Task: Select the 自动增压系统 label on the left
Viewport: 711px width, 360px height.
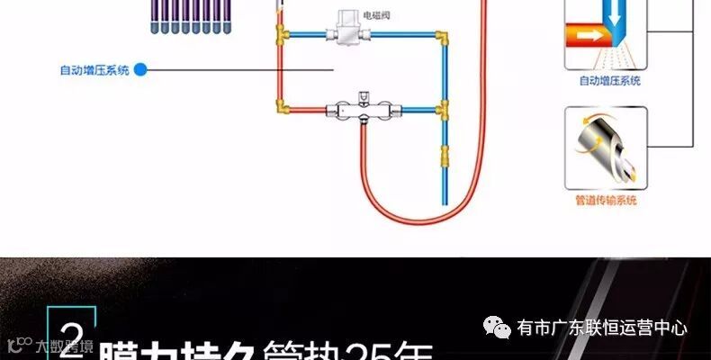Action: pyautogui.click(x=94, y=68)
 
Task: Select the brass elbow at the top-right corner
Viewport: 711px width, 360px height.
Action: pyautogui.click(x=442, y=39)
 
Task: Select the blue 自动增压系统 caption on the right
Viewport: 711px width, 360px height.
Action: pyautogui.click(x=609, y=81)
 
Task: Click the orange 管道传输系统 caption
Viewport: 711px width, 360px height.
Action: pyautogui.click(x=606, y=200)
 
